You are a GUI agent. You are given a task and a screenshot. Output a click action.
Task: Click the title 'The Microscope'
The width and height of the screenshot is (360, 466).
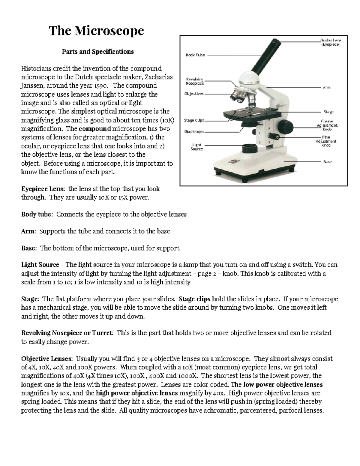point(96,31)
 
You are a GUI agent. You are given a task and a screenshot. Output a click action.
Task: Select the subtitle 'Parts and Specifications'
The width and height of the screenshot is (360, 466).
point(97,52)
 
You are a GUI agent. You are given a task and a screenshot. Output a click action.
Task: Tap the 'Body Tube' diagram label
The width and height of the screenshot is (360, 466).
point(195,55)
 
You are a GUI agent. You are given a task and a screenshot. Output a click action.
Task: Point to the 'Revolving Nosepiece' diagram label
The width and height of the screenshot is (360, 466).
point(194,81)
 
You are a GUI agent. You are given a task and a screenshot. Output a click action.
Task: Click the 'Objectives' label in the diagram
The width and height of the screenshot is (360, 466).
point(194,94)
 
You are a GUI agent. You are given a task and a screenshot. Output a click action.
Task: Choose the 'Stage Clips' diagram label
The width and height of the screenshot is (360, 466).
point(194,120)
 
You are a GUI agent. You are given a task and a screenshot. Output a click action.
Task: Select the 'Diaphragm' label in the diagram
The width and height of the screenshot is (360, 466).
point(194,131)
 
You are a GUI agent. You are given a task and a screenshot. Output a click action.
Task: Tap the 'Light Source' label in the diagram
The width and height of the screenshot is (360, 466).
point(197,147)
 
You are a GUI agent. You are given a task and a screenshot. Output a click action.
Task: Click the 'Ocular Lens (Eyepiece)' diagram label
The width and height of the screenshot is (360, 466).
point(330,42)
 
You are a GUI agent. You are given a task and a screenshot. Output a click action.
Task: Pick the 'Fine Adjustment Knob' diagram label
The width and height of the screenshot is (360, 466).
point(326,141)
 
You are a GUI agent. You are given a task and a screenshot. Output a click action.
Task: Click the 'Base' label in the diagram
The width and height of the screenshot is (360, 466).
point(327,162)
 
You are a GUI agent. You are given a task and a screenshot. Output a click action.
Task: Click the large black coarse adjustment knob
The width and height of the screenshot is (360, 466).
point(286,125)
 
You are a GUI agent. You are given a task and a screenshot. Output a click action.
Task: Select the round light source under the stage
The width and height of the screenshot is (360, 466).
point(249,149)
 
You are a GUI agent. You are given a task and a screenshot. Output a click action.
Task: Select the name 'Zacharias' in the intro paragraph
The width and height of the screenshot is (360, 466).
point(159,77)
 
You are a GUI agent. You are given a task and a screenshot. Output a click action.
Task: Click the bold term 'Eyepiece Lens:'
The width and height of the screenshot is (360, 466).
point(43,189)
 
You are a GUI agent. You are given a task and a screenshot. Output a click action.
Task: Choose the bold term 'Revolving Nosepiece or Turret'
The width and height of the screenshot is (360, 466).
point(67,333)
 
